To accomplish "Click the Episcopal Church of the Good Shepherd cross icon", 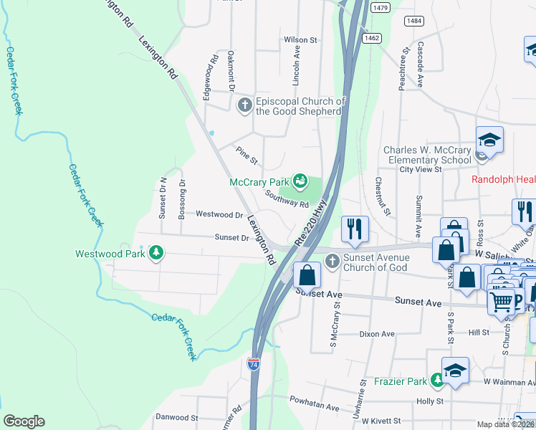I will click(x=244, y=105).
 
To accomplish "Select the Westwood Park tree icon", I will click(x=155, y=254).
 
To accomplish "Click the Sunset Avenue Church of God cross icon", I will click(x=331, y=261).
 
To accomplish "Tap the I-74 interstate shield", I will click(x=254, y=364).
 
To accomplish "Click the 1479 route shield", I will click(x=381, y=7).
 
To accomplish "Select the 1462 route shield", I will click(x=370, y=38).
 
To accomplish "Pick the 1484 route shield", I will click(x=413, y=21).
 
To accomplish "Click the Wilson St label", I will click(x=300, y=40).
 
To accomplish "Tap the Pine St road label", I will click(x=247, y=153).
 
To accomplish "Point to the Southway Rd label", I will click(x=286, y=199).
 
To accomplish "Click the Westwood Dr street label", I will click(x=219, y=214).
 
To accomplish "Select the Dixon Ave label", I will click(x=377, y=334).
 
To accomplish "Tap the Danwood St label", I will click(x=176, y=417).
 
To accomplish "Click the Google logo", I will click(x=24, y=421).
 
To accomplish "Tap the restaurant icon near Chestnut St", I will click(x=355, y=229).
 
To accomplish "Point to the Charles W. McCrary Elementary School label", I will click(x=427, y=155).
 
